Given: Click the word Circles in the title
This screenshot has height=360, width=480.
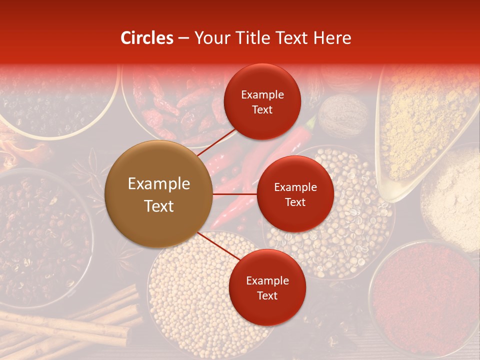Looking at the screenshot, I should [146, 38].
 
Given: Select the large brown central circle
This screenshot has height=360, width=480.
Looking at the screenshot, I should [158, 194].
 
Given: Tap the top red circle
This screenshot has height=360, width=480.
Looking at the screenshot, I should [262, 101].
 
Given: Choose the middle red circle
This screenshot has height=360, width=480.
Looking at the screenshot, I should [295, 194].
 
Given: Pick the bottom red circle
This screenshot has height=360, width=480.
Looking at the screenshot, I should [267, 287].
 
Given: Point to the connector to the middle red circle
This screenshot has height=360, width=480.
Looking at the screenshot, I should [234, 194].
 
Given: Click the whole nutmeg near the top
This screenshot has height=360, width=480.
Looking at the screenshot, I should [343, 117].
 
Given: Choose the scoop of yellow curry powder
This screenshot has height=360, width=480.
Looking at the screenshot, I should [425, 125].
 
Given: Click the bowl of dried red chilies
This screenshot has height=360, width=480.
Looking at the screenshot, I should [175, 105].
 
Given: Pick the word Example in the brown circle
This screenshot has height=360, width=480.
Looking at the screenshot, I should [158, 183].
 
